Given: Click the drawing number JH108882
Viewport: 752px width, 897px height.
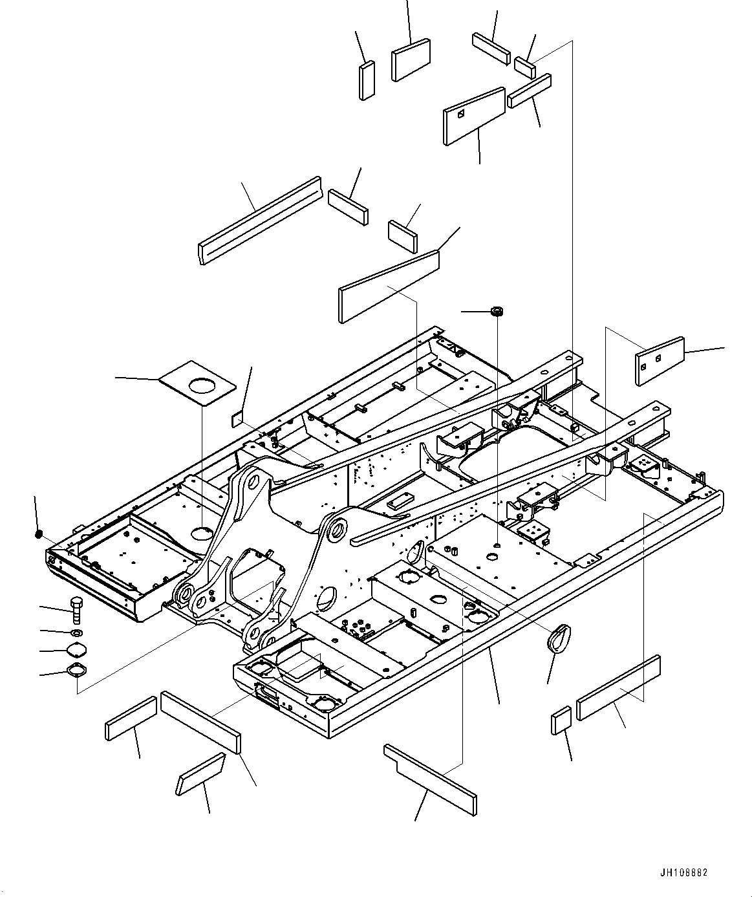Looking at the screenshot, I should [684, 872].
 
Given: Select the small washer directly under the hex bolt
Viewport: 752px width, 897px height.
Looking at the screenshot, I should [76, 632].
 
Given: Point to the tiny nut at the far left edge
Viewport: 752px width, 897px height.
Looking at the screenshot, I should [39, 534].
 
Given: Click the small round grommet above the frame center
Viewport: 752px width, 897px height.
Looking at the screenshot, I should [497, 312].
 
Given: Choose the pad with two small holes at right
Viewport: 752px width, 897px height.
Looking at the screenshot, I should [660, 360].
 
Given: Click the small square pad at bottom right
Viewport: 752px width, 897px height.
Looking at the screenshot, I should [561, 720].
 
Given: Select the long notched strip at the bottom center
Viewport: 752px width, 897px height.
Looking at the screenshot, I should [429, 779].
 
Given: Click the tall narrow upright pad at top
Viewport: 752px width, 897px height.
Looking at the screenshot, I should [367, 80].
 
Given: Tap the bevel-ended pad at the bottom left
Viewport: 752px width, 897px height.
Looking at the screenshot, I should [200, 773].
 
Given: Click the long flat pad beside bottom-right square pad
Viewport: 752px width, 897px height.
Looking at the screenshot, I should [618, 688].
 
